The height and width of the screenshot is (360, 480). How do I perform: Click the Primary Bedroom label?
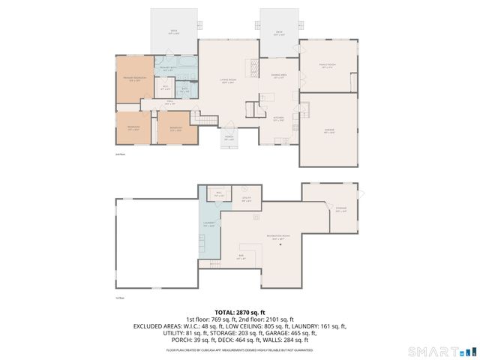coord(135,79)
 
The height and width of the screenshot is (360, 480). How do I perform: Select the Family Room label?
coord(327,67)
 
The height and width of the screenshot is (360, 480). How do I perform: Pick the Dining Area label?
coord(277,77)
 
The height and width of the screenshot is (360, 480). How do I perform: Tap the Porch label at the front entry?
coord(229,137)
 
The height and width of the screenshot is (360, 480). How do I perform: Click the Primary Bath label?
coord(168,69)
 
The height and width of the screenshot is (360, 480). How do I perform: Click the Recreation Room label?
coord(277,238)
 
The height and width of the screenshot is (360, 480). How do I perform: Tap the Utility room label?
coord(246,199)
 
